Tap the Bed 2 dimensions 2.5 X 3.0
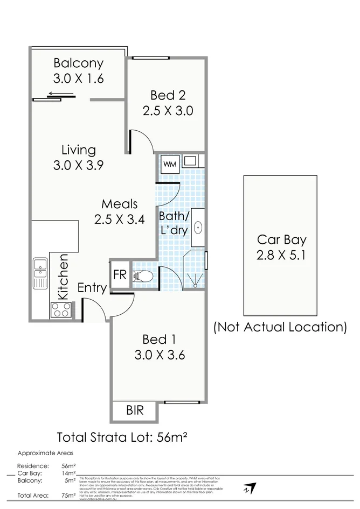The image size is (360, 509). [168, 111]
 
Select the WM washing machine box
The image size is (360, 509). [170, 164]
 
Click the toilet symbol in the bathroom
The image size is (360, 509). [143, 276]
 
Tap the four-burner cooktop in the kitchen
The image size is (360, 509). [61, 310]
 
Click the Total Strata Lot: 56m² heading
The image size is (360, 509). [122, 436]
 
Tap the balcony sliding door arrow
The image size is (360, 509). [57, 94]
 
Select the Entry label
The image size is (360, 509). [92, 288]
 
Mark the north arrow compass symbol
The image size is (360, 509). [248, 488]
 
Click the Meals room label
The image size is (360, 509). [120, 204]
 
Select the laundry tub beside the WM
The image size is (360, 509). [190, 160]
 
